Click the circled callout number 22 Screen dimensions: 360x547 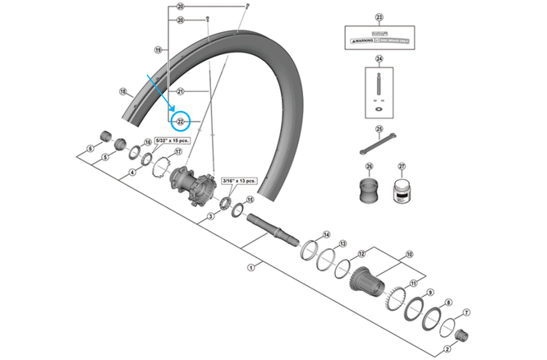coord(181,122)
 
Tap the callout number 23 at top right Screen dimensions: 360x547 coord(379,17)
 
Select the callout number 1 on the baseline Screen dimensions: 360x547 coord(251,267)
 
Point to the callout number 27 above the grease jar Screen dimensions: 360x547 coord(402,167)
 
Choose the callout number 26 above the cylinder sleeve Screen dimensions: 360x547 coord(369,167)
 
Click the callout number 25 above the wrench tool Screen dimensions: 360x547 coord(379,129)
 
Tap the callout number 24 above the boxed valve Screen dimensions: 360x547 coord(379,59)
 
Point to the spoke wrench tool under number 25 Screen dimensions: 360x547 coord(379,145)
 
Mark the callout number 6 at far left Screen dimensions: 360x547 coord(90,149)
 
